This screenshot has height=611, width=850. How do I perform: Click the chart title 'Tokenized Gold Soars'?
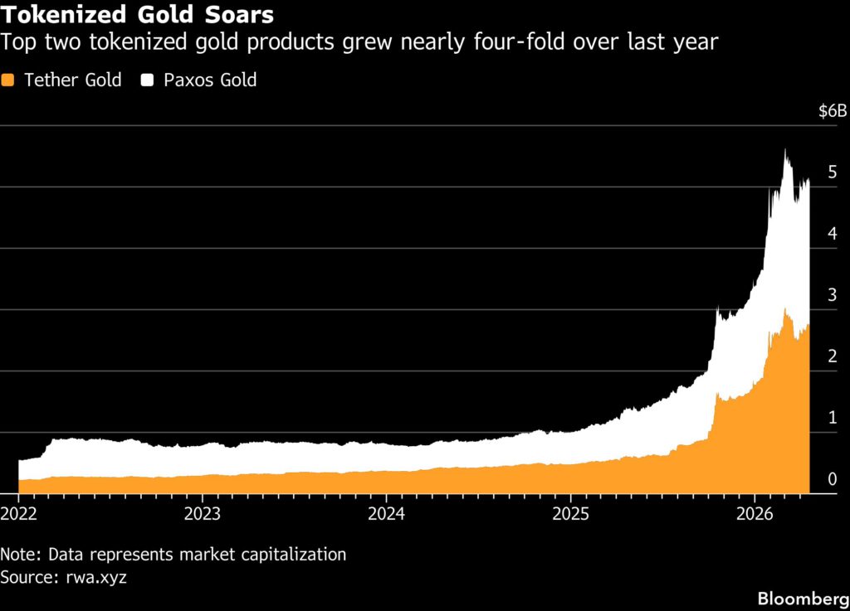pyautogui.click(x=138, y=14)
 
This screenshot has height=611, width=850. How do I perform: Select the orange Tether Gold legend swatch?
pyautogui.click(x=9, y=80)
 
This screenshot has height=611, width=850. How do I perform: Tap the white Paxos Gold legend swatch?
pyautogui.click(x=149, y=80)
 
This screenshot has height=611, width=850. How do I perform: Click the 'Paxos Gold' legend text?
pyautogui.click(x=209, y=80)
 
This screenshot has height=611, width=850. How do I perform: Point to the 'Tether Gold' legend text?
pyautogui.click(x=72, y=80)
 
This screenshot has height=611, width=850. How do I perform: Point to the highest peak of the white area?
pyautogui.click(x=785, y=150)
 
